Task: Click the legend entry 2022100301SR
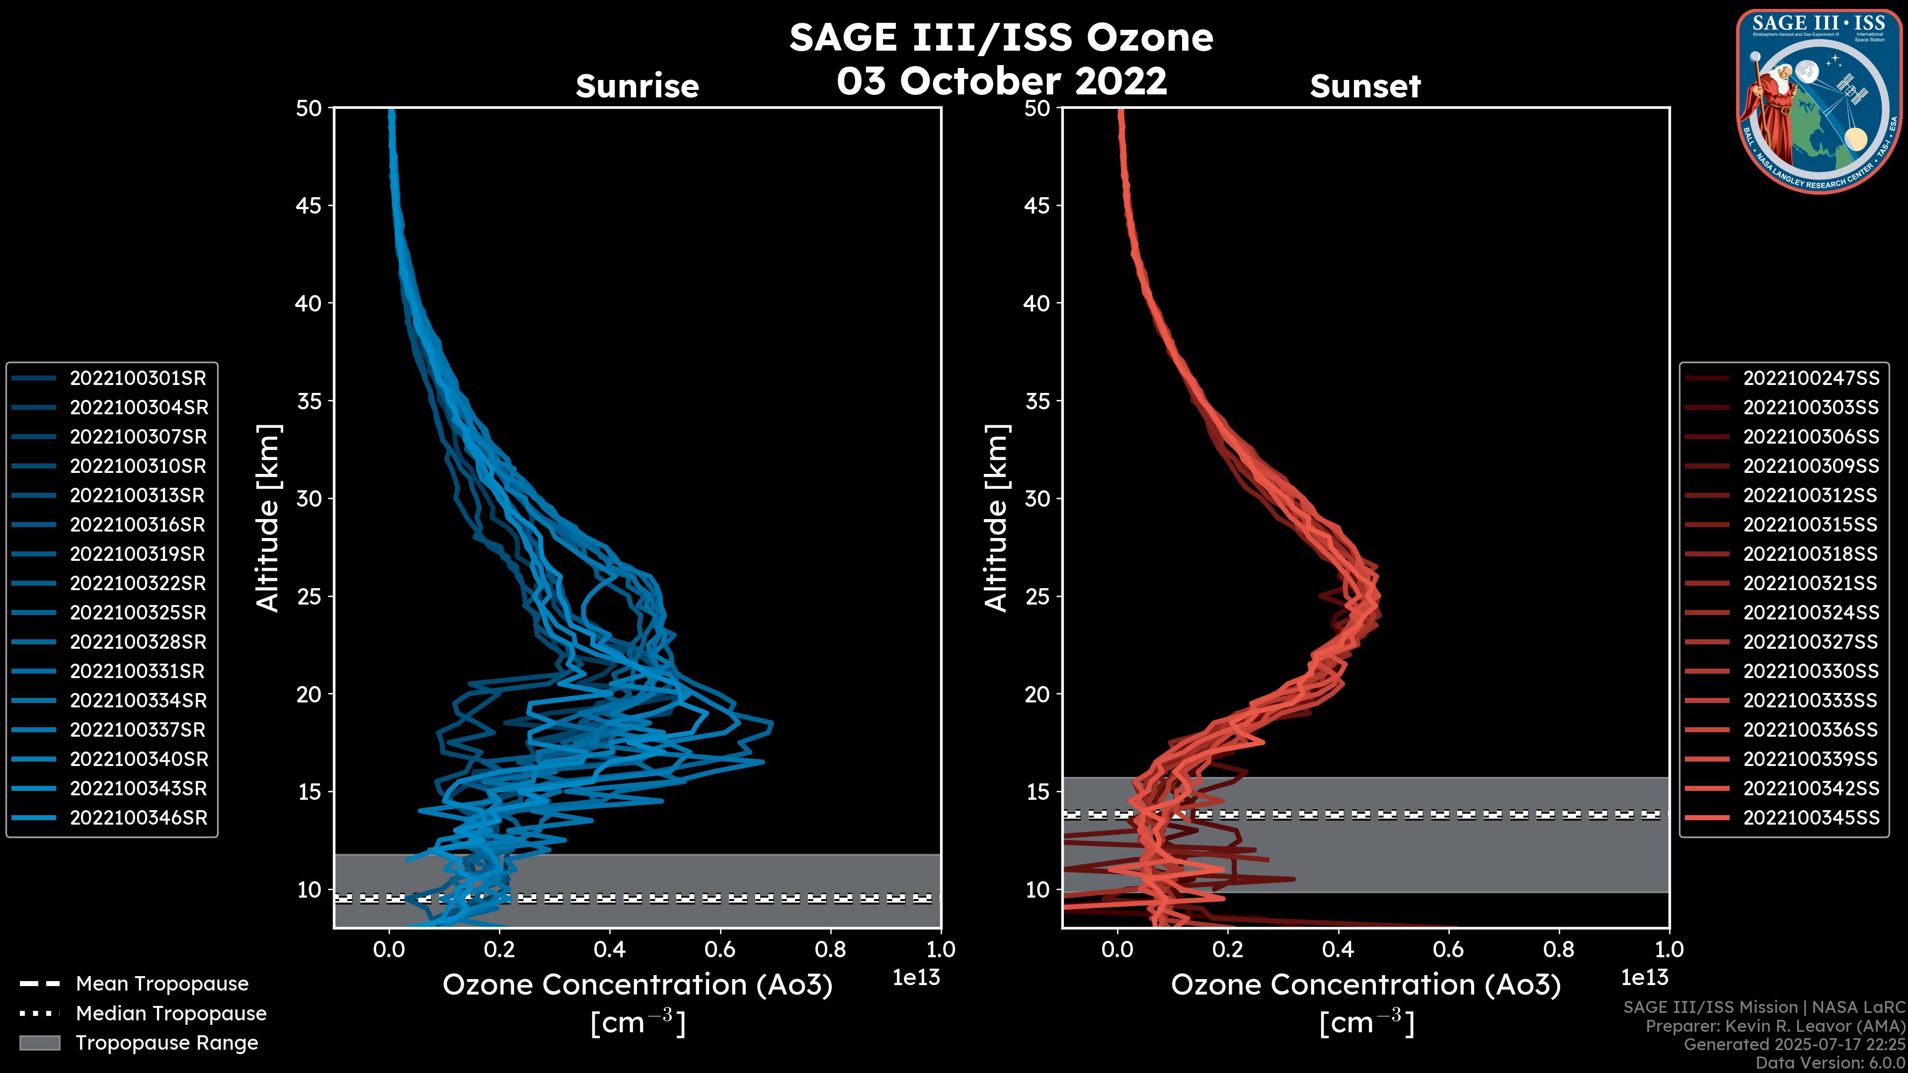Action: pyautogui.click(x=138, y=379)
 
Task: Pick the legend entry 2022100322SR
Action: pyautogui.click(x=138, y=584)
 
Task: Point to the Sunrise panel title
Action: pyautogui.click(x=637, y=86)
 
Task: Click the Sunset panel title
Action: pyautogui.click(x=1365, y=86)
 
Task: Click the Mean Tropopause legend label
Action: pyautogui.click(x=162, y=984)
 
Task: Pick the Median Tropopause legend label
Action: pyautogui.click(x=171, y=1014)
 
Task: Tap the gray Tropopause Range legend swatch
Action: pyautogui.click(x=39, y=1043)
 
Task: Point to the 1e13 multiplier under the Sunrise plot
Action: pyautogui.click(x=916, y=978)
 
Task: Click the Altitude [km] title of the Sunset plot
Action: pyautogui.click(x=996, y=518)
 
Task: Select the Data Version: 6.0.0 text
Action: pyautogui.click(x=1829, y=1064)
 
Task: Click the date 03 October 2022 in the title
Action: pyautogui.click(x=1001, y=81)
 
